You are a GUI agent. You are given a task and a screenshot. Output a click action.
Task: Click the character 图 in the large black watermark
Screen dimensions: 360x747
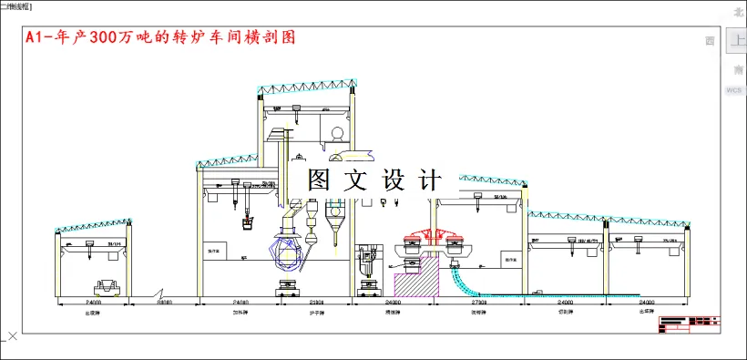(x=319, y=180)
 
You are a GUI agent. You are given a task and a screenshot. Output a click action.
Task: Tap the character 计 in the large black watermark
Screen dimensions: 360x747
(x=426, y=180)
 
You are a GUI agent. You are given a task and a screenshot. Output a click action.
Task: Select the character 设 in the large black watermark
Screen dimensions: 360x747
(x=392, y=180)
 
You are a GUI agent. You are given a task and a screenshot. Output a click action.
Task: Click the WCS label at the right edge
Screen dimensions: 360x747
(x=734, y=91)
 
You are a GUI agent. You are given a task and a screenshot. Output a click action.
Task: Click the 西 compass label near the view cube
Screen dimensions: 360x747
(x=710, y=41)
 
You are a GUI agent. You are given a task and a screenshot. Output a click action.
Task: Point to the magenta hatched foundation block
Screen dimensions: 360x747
(x=414, y=279)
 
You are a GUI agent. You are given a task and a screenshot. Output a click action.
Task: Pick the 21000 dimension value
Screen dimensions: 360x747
(x=318, y=301)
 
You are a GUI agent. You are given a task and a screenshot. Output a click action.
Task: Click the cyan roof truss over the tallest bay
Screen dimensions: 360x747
(x=303, y=88)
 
